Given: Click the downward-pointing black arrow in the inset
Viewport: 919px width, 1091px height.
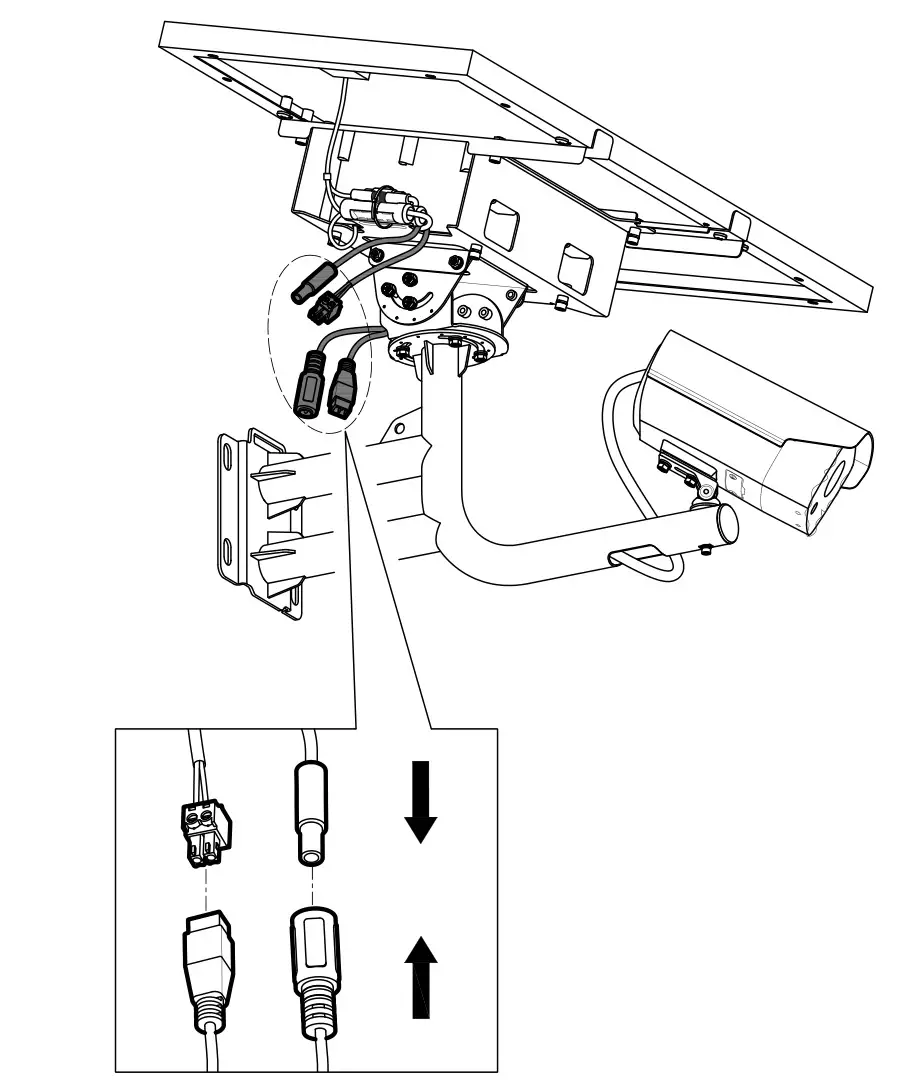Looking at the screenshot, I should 421,801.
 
